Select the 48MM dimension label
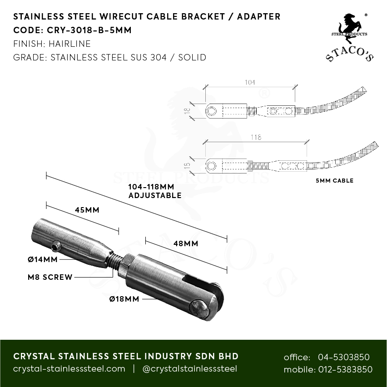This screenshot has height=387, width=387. tap(185, 243)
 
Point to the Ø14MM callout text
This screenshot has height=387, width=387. tap(42, 260)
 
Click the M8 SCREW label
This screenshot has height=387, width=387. tap(49, 277)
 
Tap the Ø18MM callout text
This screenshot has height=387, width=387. tap(124, 299)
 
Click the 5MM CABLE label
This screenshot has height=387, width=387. tap(334, 181)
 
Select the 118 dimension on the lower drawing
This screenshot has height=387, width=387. tap(256, 137)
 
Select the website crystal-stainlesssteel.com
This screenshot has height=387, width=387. tap(69, 369)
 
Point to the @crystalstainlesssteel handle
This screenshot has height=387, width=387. tap(190, 369)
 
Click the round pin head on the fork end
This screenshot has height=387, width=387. tap(200, 310)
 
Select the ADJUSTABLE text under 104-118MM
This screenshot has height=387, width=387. tap(155, 196)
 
